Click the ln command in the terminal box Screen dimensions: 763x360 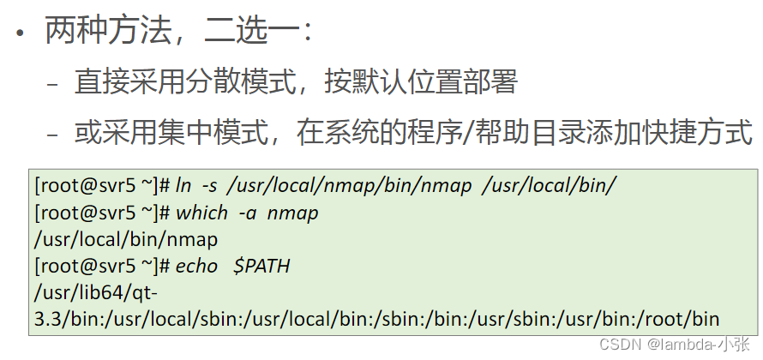[184, 186]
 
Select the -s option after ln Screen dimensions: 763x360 [210, 186]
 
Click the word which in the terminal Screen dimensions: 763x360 [201, 213]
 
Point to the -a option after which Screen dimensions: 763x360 [247, 213]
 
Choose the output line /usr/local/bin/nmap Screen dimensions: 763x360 [125, 239]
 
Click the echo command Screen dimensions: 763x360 [196, 266]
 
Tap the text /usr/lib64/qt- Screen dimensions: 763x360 [93, 293]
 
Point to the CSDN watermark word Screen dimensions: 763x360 [616, 344]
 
